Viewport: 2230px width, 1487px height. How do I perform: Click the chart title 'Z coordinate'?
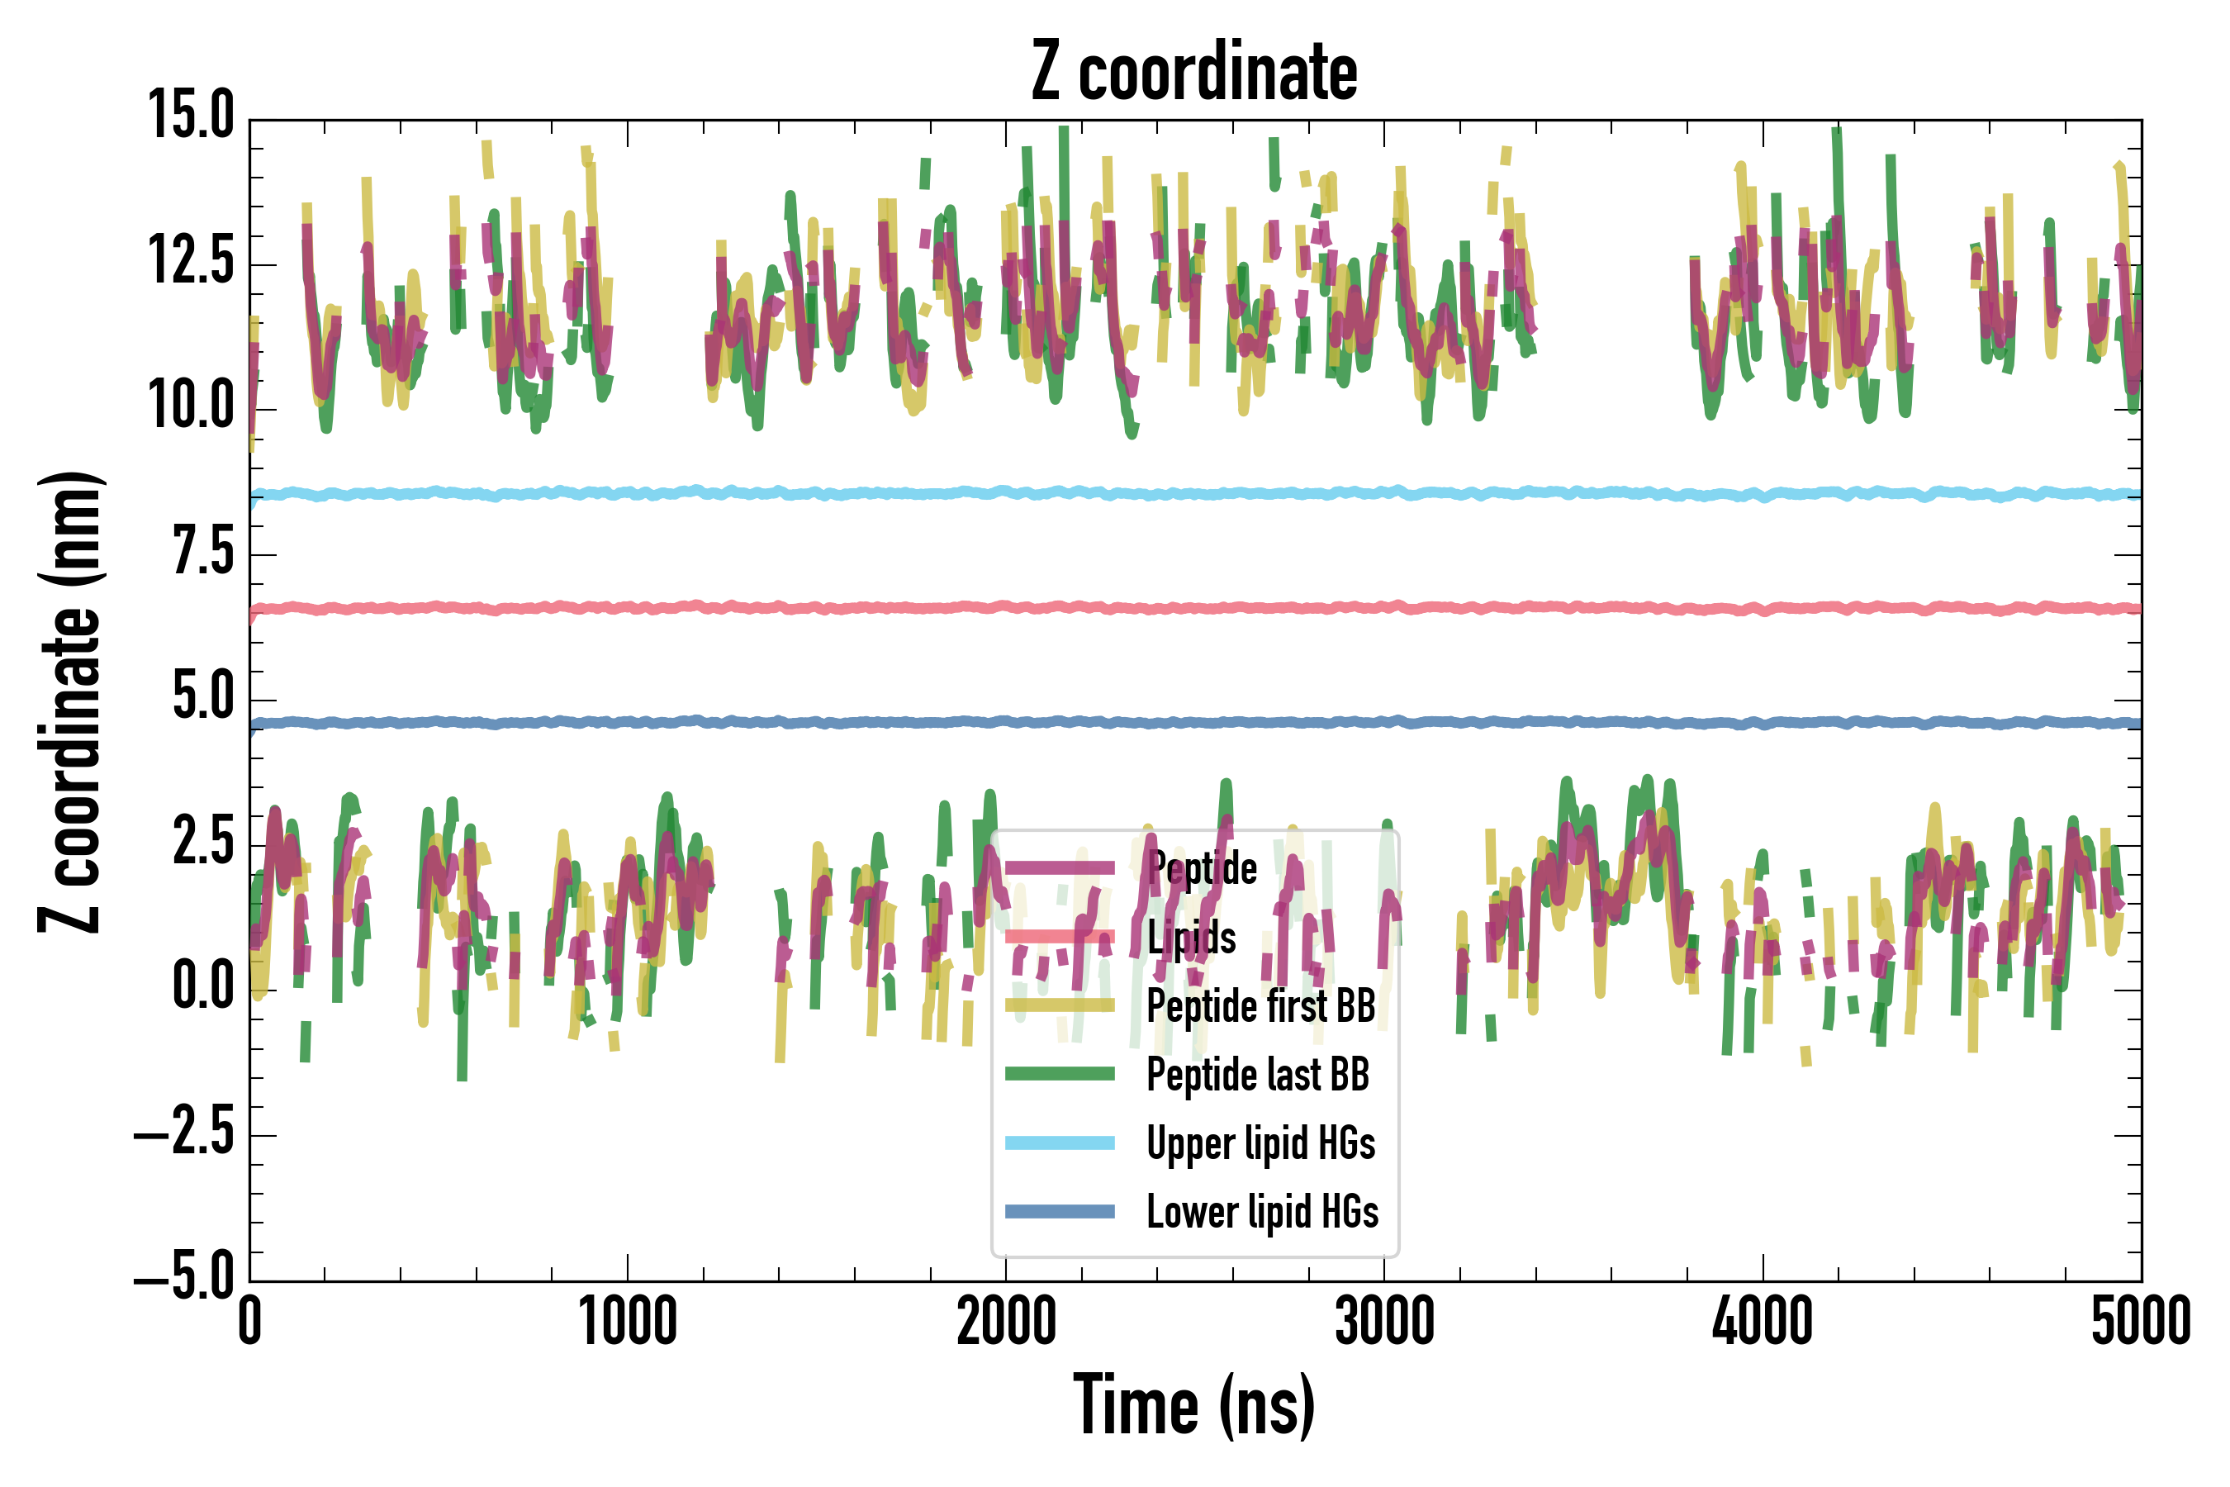coord(1193,71)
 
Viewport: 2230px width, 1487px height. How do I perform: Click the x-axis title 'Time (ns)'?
coord(1193,1405)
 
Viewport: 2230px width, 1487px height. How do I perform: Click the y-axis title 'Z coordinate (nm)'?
coord(71,701)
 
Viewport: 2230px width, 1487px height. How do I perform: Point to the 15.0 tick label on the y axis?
coord(191,116)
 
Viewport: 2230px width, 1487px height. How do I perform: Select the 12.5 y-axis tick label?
coord(191,261)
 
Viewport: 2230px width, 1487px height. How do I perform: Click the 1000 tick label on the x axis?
coord(628,1321)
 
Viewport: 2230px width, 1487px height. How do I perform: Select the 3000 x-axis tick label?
coord(1384,1321)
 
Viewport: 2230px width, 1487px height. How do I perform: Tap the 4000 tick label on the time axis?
coord(1762,1321)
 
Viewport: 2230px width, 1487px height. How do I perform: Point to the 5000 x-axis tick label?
coord(2140,1321)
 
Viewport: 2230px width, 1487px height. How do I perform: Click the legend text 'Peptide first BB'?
coord(1260,1005)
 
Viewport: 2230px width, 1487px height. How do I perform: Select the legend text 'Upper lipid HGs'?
coord(1260,1143)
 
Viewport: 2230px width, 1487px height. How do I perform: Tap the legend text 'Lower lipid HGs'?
coord(1262,1211)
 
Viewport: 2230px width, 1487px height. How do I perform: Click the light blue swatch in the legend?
coord(1059,1143)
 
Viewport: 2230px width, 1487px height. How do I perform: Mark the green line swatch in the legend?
coord(1059,1073)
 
